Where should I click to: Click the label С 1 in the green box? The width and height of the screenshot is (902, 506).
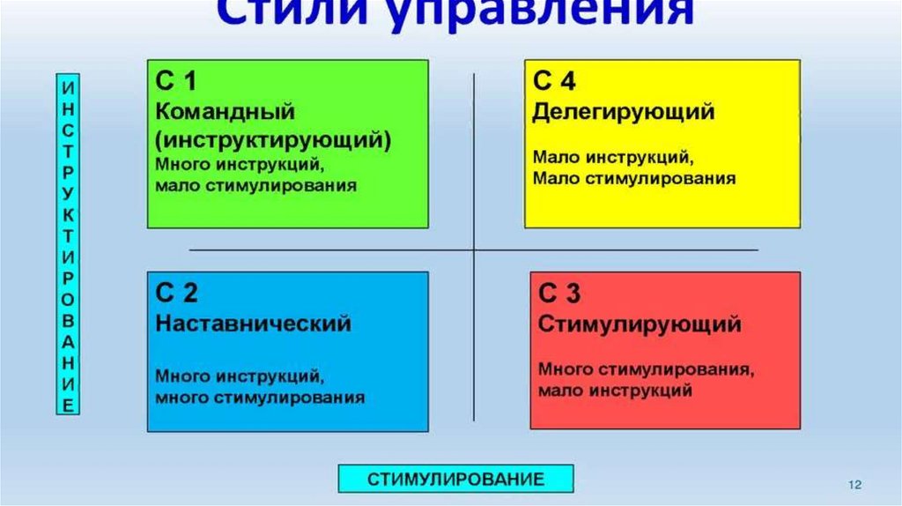click(176, 83)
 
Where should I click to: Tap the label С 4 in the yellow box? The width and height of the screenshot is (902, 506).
click(555, 82)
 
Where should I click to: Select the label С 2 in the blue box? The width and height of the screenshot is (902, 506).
click(177, 294)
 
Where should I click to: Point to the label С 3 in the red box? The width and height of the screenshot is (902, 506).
click(559, 294)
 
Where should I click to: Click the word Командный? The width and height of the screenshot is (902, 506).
click(225, 112)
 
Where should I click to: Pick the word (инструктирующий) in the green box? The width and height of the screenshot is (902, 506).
click(274, 139)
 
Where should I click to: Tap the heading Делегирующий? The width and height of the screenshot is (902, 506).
click(623, 112)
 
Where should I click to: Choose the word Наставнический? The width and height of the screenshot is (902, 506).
click(253, 324)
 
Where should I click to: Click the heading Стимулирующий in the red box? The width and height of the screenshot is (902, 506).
click(639, 324)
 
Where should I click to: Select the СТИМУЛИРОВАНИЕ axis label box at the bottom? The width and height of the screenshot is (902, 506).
click(455, 479)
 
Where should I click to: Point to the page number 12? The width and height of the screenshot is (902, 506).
click(854, 485)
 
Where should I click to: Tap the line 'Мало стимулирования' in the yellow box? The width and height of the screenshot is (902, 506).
click(633, 179)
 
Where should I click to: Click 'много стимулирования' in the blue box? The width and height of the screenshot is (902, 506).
click(260, 398)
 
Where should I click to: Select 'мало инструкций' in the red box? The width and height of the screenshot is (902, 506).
click(615, 390)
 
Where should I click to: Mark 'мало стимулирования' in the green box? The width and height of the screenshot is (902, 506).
click(256, 186)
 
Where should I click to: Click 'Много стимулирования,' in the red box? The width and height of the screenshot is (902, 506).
click(646, 368)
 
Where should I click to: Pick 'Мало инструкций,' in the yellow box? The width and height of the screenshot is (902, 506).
click(612, 158)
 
